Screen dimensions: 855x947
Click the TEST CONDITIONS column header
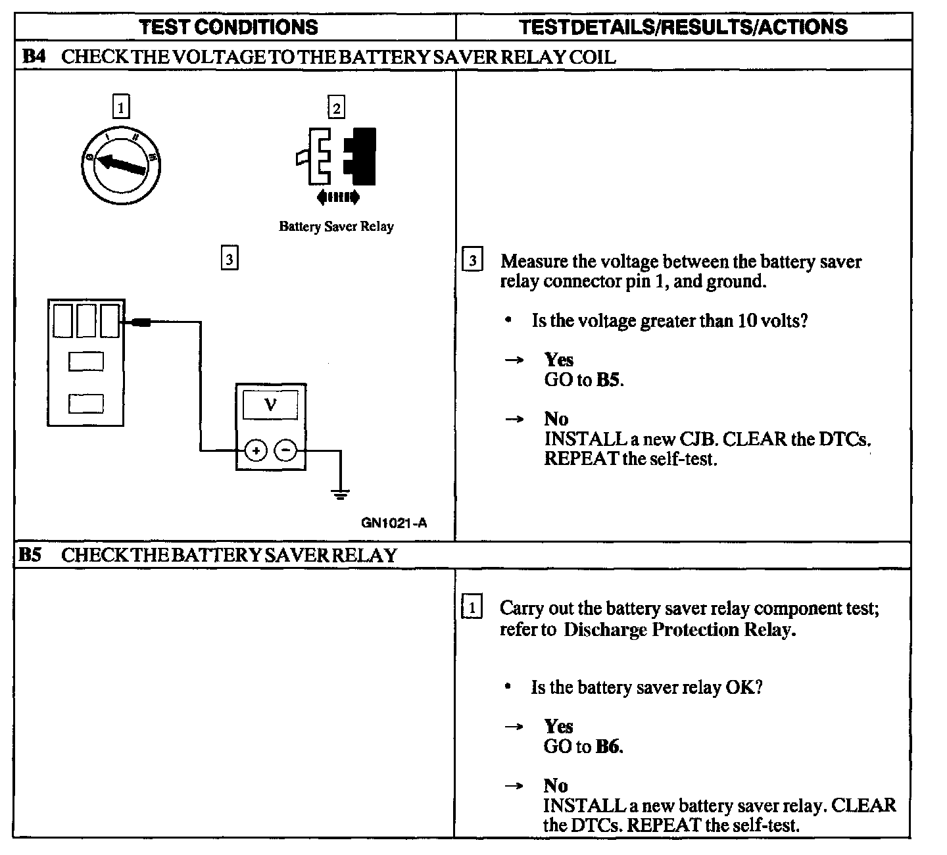[229, 27]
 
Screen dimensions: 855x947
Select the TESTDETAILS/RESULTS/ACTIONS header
[683, 27]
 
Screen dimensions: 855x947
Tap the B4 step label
[33, 57]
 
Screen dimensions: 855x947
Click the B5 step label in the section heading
[30, 555]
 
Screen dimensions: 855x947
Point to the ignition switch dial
[125, 161]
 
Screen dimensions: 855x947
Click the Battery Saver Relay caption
[336, 227]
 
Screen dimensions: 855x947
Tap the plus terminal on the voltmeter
[256, 451]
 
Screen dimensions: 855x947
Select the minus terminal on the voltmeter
[285, 451]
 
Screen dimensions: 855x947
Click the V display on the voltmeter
[270, 404]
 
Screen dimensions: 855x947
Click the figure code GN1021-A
[394, 523]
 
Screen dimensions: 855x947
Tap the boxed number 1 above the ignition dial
[121, 106]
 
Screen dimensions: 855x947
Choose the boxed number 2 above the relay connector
[336, 107]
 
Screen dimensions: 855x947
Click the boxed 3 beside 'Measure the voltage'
[472, 260]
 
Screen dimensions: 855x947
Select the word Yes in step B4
[558, 360]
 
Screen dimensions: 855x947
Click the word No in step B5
[556, 785]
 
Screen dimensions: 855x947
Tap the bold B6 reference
[609, 746]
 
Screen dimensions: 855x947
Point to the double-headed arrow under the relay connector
[338, 197]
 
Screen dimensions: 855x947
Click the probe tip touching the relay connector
[141, 322]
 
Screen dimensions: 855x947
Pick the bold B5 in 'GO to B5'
[609, 380]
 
